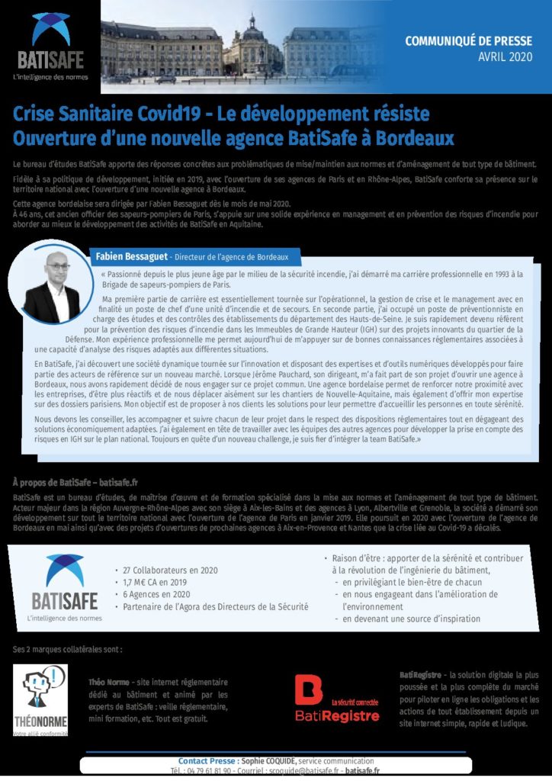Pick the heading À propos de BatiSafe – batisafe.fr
[x=75, y=482]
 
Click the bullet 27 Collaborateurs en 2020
[x=169, y=570]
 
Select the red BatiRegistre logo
[x=337, y=698]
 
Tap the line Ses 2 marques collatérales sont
[x=67, y=649]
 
